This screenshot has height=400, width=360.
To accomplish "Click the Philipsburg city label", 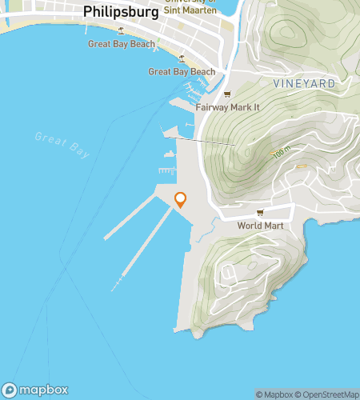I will (x=121, y=12).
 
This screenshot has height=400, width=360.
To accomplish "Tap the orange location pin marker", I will (x=181, y=200).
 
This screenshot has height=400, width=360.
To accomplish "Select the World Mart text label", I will (x=260, y=226).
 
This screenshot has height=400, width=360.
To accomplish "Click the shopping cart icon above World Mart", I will (x=260, y=213).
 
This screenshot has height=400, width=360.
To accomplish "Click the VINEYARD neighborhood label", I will (x=303, y=83).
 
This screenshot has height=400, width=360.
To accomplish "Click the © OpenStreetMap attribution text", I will (x=326, y=394).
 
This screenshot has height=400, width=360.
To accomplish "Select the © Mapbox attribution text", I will (x=274, y=394).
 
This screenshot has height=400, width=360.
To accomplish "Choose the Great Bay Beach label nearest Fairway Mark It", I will (x=182, y=71).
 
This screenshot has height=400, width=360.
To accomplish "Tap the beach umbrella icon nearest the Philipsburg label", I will (x=121, y=31).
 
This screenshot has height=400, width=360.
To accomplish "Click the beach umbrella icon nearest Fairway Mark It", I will (x=182, y=58).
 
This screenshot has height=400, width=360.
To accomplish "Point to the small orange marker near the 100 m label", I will (x=302, y=166).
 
